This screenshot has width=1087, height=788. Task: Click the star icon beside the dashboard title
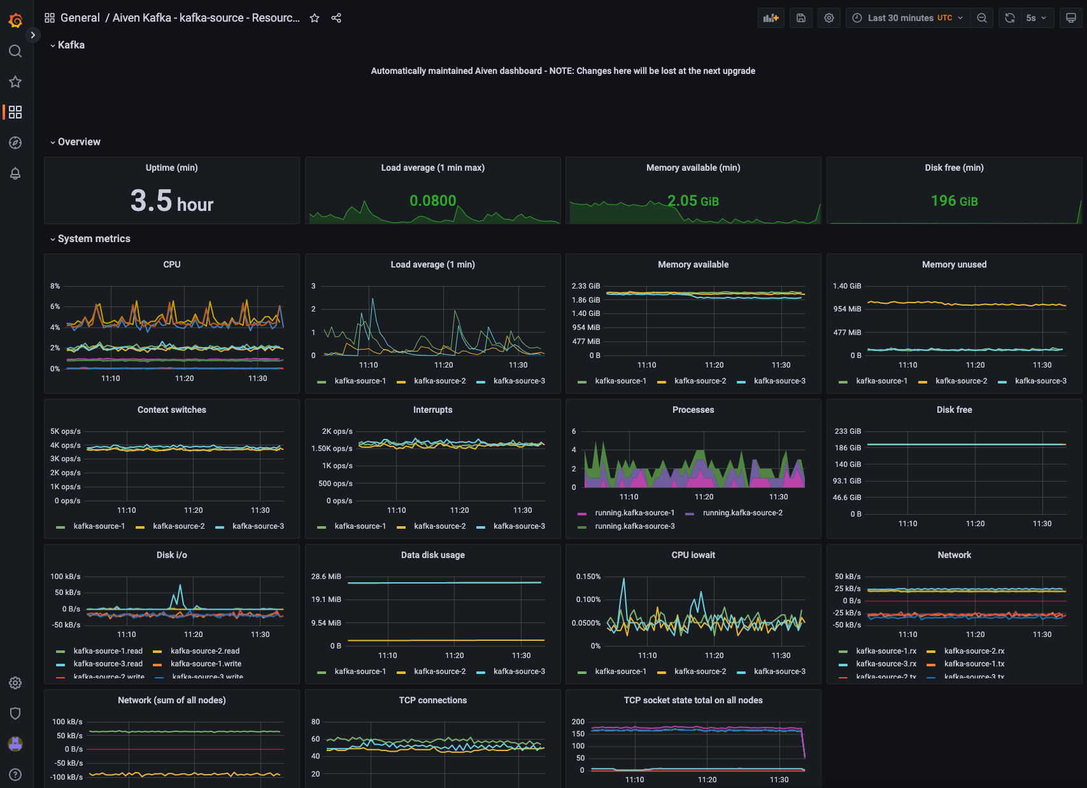(x=315, y=18)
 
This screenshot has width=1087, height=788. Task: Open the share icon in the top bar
(x=336, y=18)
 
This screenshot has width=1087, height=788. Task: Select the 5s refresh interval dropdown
(x=1036, y=18)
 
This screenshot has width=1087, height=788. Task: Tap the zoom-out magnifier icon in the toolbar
(x=982, y=18)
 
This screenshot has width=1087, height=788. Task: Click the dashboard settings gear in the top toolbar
(x=829, y=18)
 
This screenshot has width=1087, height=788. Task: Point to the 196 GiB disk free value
(x=954, y=201)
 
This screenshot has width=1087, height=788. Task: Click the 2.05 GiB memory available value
(x=693, y=201)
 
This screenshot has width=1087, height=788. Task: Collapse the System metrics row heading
(x=94, y=239)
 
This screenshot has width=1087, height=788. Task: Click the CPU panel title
(x=172, y=264)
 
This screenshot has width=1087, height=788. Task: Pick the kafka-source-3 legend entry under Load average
(x=518, y=381)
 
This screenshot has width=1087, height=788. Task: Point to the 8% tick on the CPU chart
(x=55, y=286)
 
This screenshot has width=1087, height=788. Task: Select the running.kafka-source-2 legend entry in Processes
(x=742, y=513)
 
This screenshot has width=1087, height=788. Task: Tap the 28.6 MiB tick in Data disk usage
(x=326, y=577)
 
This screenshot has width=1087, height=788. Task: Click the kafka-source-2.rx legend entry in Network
(x=974, y=651)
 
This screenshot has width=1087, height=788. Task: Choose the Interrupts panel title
(x=432, y=410)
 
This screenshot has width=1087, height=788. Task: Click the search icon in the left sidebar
(x=15, y=51)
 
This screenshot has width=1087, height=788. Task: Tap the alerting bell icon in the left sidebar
(x=15, y=173)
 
